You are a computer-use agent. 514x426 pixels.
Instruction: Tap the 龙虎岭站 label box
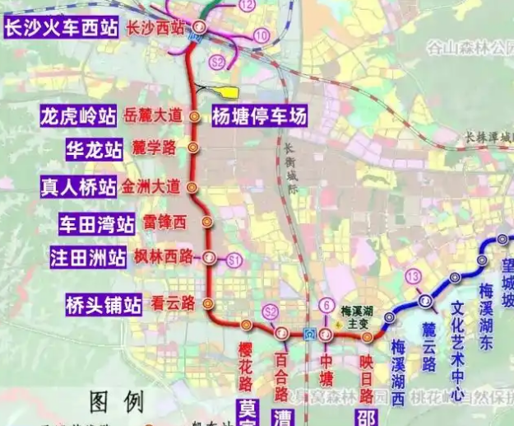(78, 116)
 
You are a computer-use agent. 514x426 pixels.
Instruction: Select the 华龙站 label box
(95, 149)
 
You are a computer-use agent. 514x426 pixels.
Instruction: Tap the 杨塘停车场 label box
(259, 116)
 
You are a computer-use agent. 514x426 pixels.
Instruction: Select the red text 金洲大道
(152, 186)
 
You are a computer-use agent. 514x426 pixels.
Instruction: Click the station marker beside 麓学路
(192, 148)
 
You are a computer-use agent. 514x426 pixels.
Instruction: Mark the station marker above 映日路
(368, 337)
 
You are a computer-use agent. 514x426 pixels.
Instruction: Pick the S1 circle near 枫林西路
(234, 260)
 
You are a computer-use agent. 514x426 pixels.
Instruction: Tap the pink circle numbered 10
(262, 35)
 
